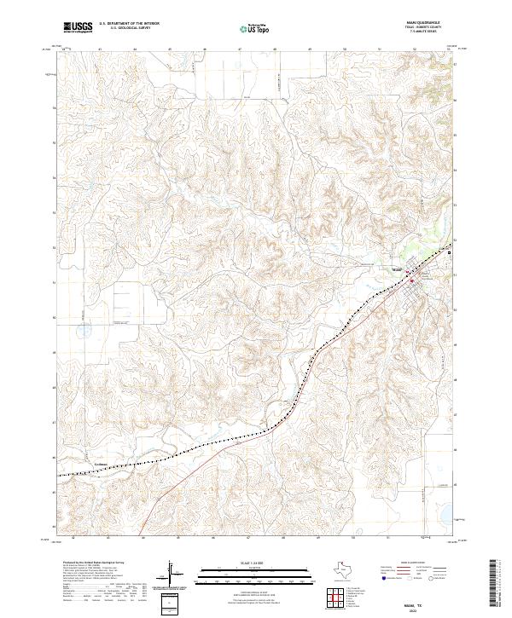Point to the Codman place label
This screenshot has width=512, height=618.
[101, 465]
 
